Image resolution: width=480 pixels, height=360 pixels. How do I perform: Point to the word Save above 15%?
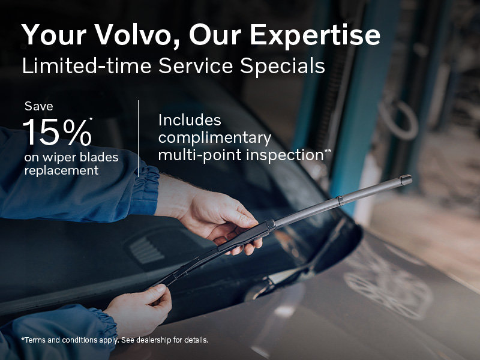coord(39,106)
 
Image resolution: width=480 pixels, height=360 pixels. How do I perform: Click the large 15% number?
coord(57,133)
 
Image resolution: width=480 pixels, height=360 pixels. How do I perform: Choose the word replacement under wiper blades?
coord(61,171)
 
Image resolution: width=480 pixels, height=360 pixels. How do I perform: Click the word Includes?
coord(190,120)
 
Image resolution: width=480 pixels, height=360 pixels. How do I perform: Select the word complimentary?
coord(214,137)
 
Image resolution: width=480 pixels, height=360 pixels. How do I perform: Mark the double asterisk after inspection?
coord(328,151)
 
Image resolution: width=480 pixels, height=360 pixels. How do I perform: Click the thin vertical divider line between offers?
coord(139,138)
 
